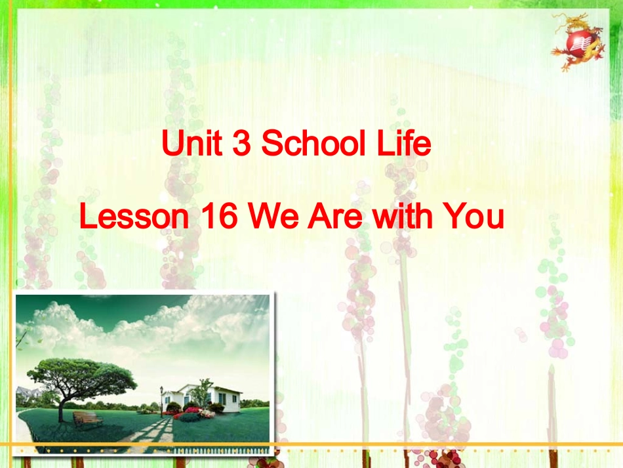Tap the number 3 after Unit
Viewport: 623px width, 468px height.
pyautogui.click(x=241, y=144)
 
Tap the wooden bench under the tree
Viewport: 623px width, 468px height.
pyautogui.click(x=87, y=418)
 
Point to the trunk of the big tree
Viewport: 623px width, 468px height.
pyautogui.click(x=61, y=407)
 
